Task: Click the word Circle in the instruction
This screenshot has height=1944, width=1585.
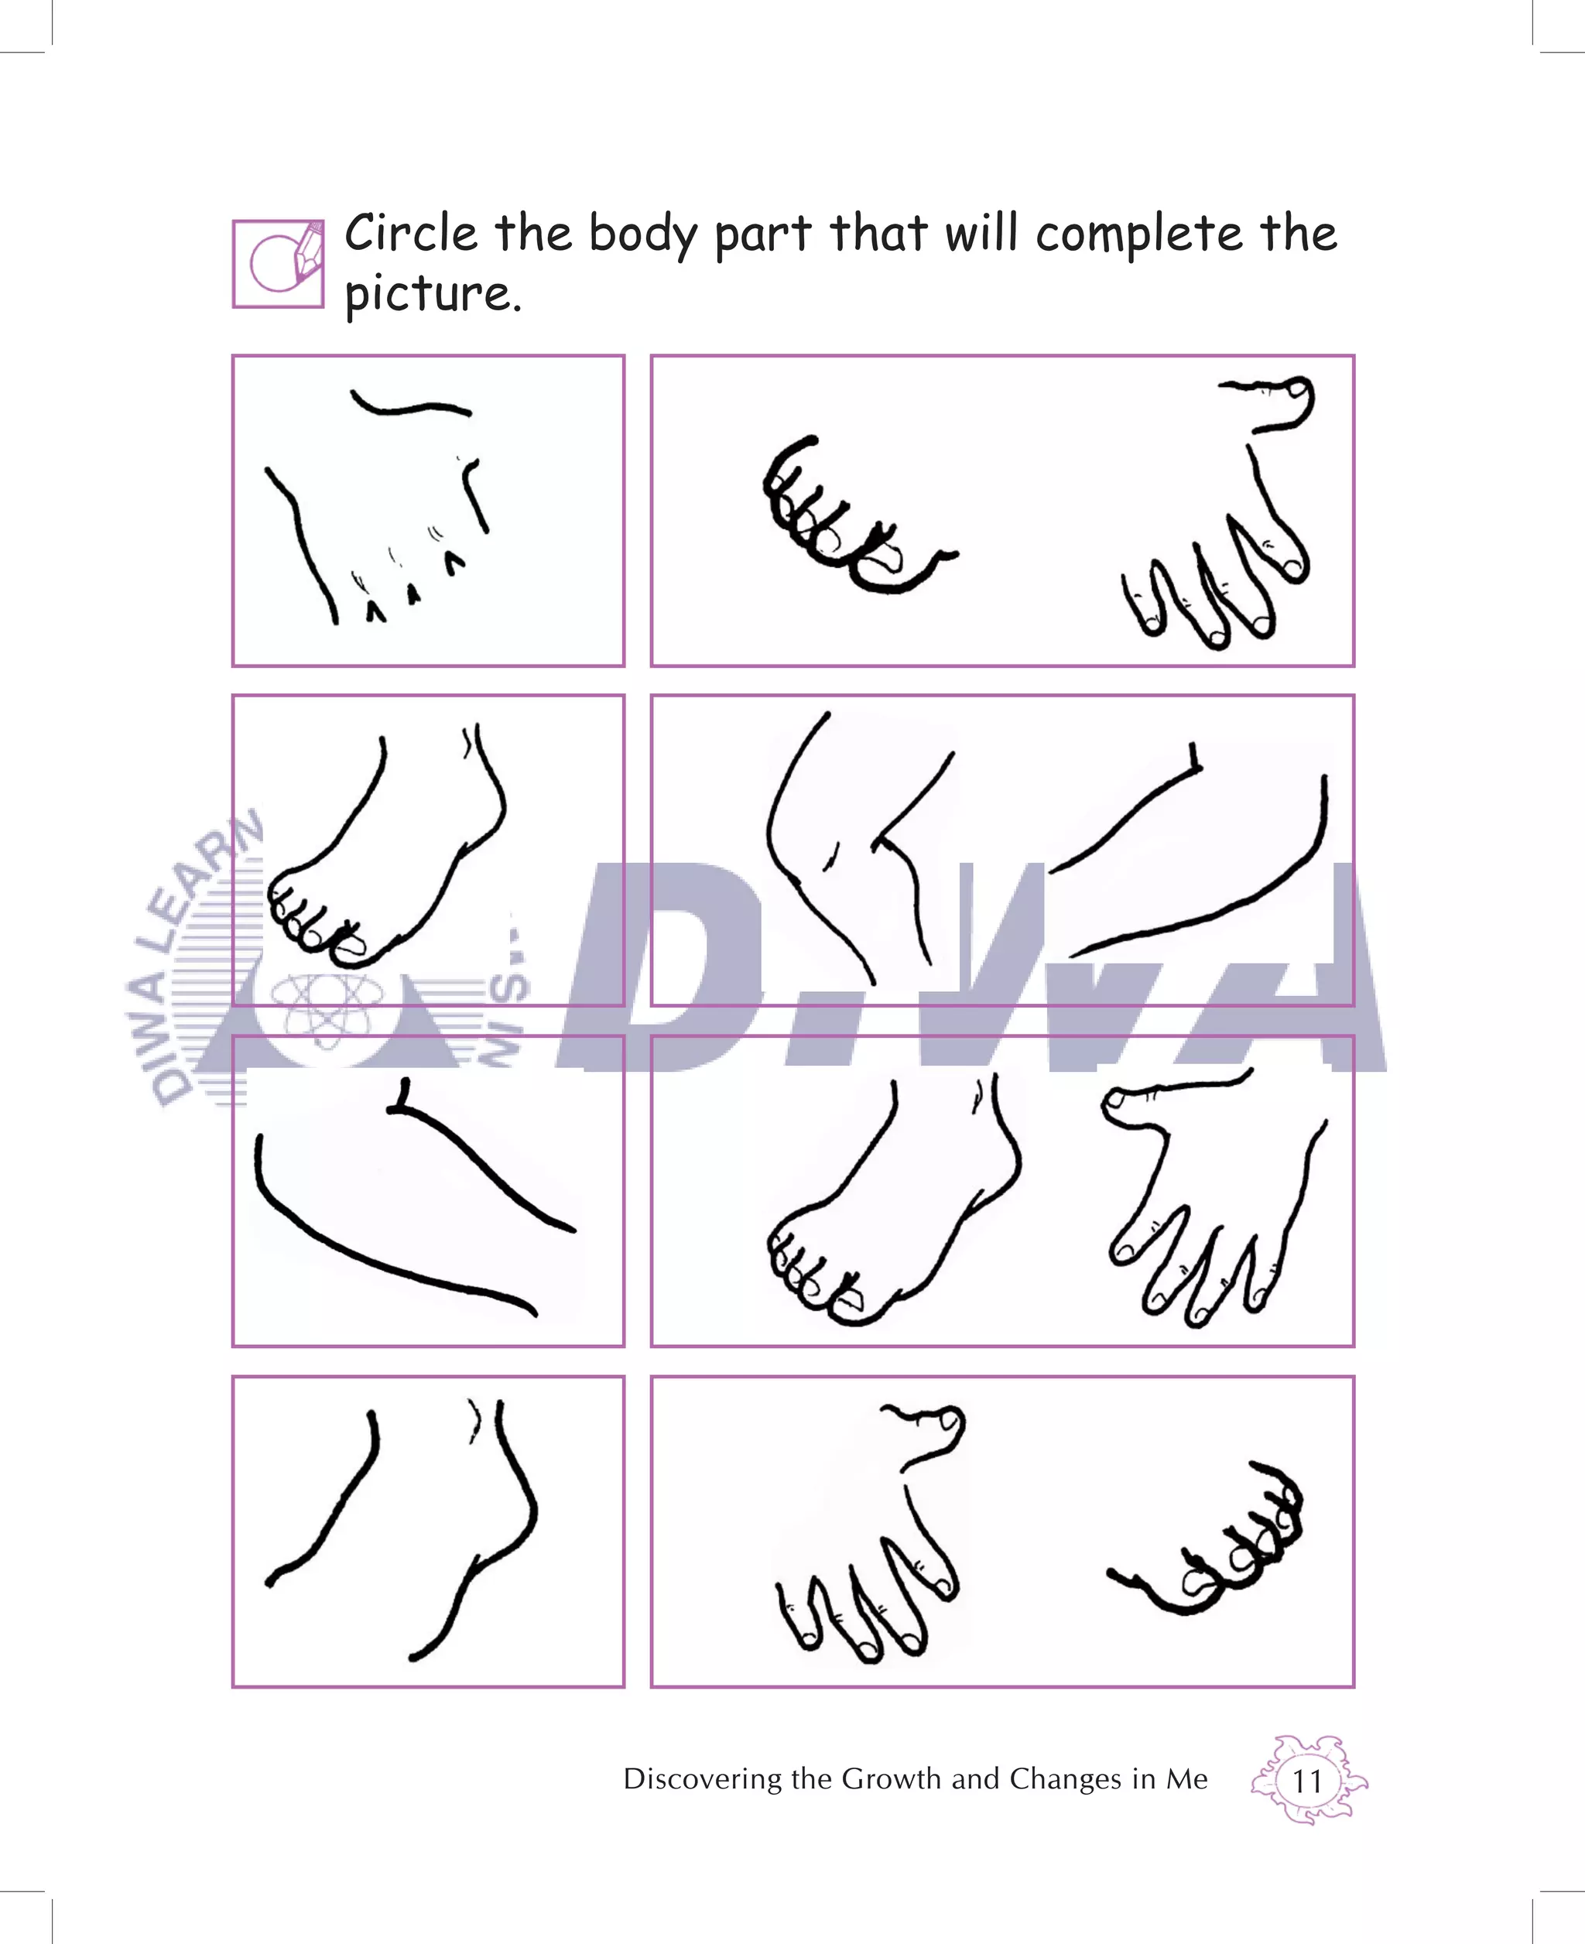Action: tap(410, 233)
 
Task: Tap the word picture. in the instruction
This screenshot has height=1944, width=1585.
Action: tap(432, 295)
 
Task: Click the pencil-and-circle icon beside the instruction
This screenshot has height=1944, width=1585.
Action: tap(278, 264)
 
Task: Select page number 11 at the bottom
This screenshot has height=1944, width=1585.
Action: tap(1306, 1781)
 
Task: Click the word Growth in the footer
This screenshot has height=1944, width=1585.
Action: tap(890, 1778)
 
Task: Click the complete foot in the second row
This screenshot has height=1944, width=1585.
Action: tap(388, 854)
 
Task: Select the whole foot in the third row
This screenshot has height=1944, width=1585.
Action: tap(890, 1205)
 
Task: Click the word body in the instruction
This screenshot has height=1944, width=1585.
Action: tap(643, 234)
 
